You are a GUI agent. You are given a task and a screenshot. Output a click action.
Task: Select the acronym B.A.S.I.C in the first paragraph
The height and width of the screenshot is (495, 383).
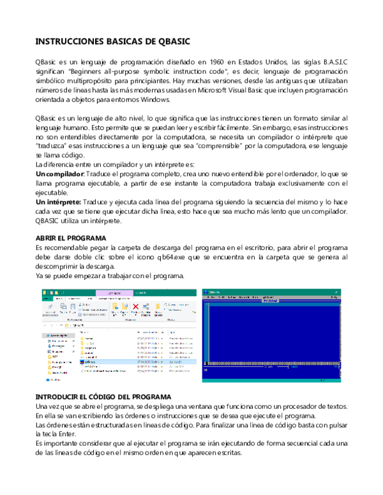pos(331,62)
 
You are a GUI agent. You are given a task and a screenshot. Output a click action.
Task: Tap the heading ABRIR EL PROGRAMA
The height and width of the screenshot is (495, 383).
pos(70,239)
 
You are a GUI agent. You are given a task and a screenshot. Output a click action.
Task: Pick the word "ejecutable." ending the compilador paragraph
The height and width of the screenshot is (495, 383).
pos(52,193)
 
